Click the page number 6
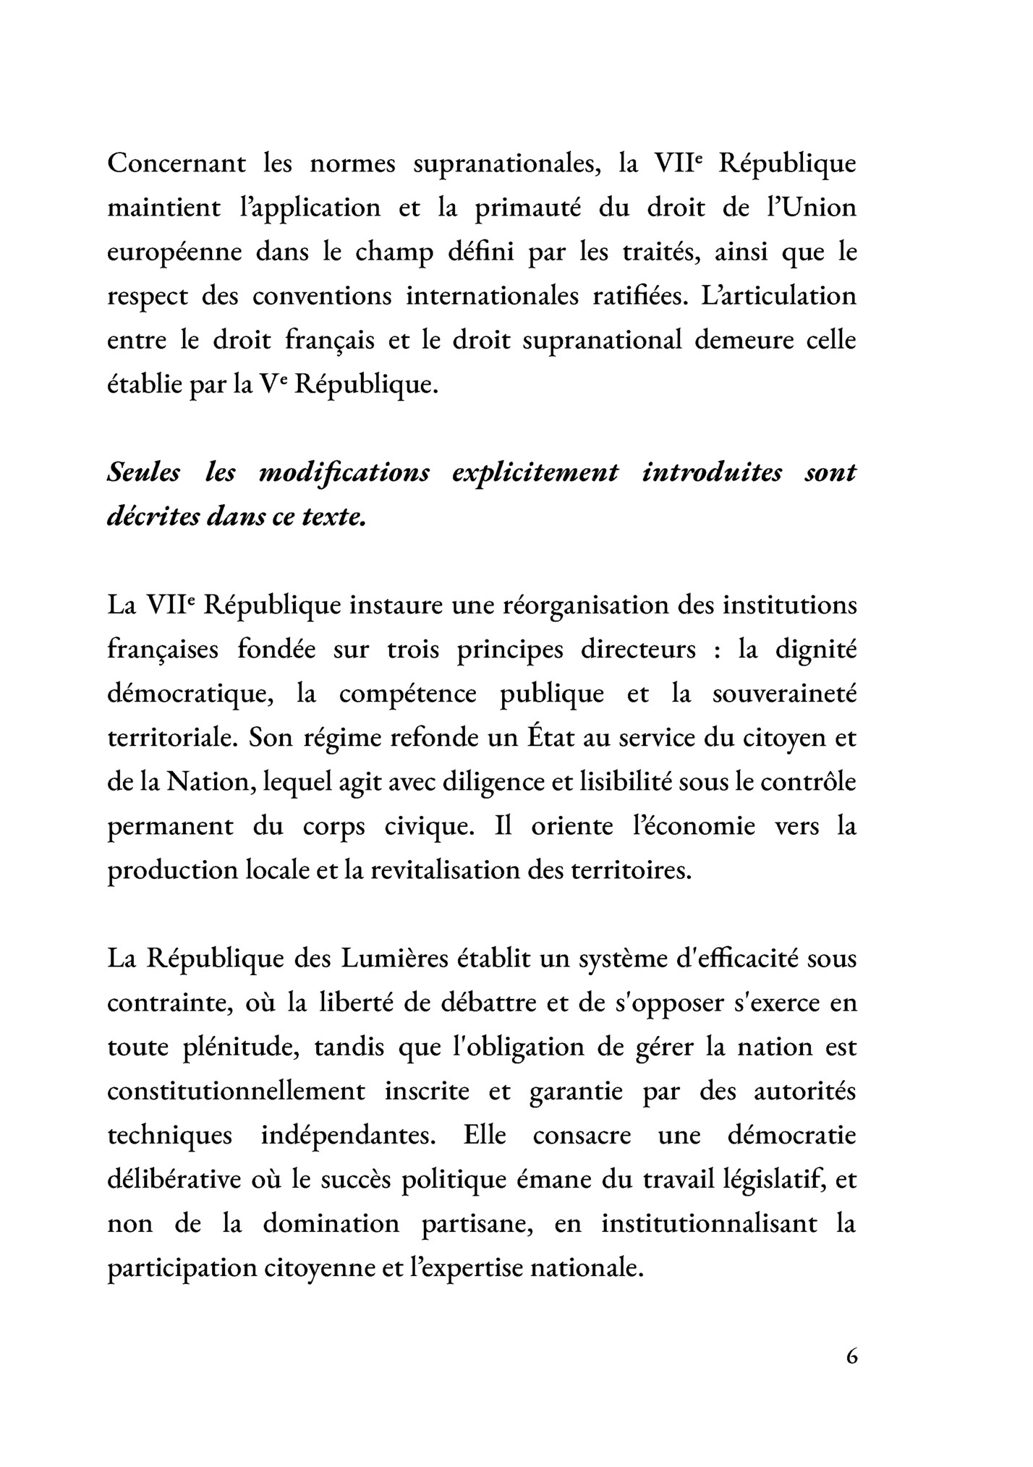[x=851, y=1356]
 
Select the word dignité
[x=816, y=650]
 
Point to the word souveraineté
[x=784, y=694]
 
